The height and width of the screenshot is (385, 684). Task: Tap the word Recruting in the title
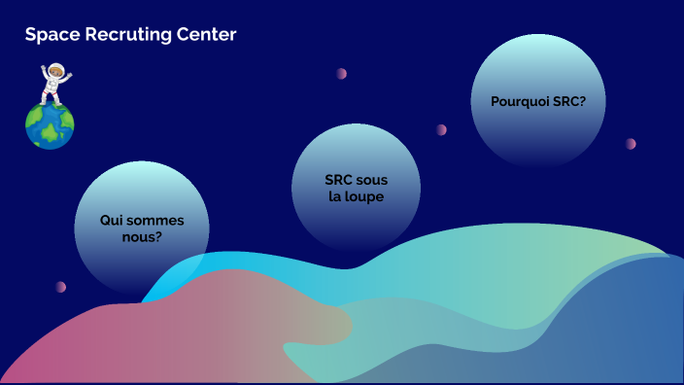tap(120, 35)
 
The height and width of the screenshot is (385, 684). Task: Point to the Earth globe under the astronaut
tap(50, 125)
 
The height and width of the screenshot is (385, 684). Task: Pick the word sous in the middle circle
tap(372, 180)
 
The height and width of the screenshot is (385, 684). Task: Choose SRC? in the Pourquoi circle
tap(568, 100)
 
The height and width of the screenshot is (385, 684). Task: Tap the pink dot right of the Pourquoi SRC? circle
tap(631, 144)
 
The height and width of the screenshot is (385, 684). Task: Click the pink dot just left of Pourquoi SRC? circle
tap(441, 129)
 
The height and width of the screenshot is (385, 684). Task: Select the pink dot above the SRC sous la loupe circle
tap(342, 73)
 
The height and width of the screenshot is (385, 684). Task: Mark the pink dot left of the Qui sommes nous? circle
tap(61, 287)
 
